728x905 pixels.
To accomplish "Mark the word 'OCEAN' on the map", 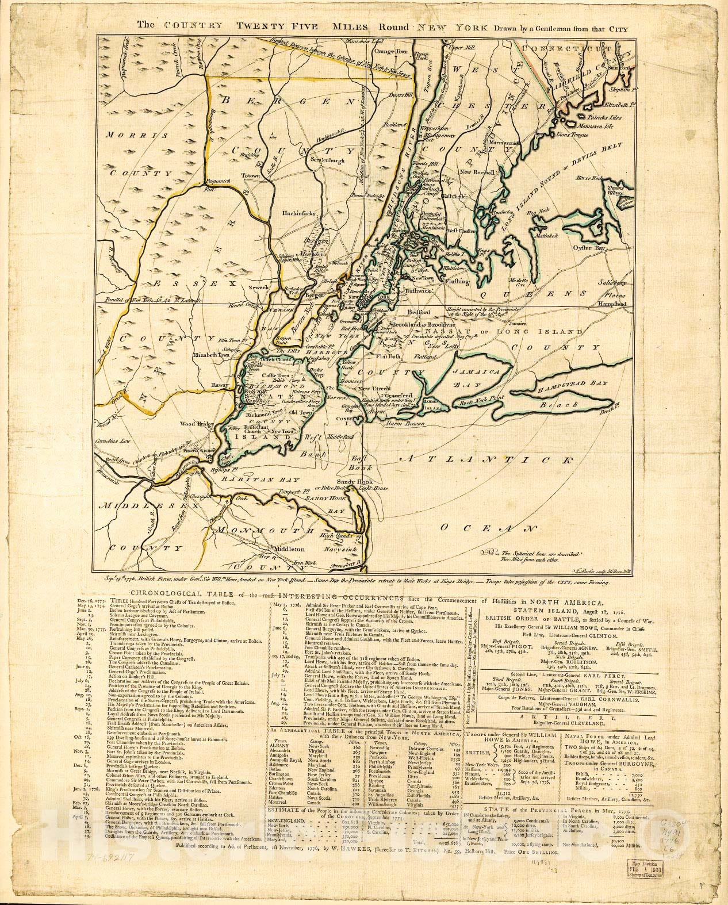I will coord(484,528).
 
